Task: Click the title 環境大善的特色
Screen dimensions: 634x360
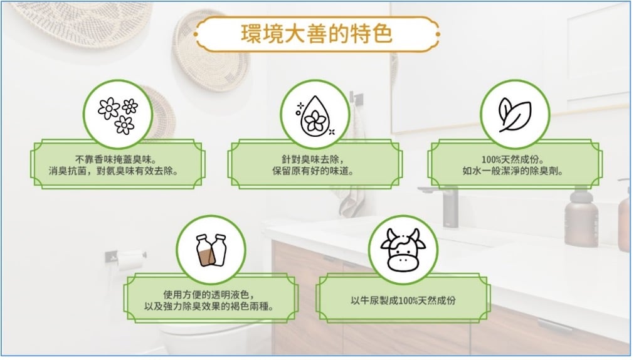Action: pos(317,34)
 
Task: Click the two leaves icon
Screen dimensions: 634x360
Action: pos(515,115)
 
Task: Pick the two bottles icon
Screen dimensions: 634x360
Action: pos(211,250)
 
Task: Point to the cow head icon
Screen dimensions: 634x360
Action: pos(403,250)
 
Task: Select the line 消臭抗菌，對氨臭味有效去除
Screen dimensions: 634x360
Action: pos(114,171)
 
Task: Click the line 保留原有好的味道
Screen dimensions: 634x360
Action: pos(313,171)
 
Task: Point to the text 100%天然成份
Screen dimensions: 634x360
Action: pos(513,159)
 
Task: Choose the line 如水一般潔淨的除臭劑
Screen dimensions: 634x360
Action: pos(513,171)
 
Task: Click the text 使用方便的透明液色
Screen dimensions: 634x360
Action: pos(209,295)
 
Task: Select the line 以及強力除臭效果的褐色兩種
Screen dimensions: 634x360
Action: pos(209,306)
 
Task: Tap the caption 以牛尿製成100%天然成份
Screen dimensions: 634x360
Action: pos(403,300)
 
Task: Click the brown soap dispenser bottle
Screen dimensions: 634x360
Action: pos(581,217)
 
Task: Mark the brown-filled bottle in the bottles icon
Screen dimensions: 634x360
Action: pos(204,251)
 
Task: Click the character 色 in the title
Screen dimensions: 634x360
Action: pos(382,34)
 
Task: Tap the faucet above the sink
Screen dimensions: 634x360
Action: pos(445,204)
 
